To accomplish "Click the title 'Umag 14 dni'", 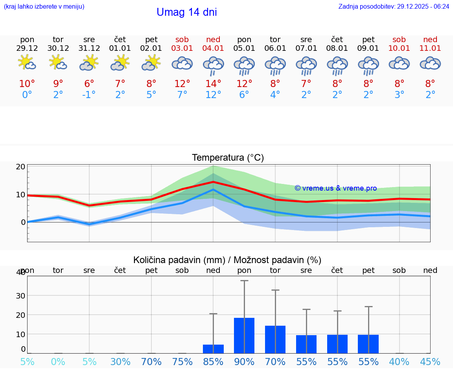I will pos(186,12).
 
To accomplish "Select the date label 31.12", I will pos(89,48).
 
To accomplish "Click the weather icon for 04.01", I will pos(213,65).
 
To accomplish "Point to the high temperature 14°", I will pos(213,84).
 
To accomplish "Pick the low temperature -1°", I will pos(89,95).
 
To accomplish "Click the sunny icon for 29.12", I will pos(27,63).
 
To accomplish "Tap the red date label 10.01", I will pos(399,48).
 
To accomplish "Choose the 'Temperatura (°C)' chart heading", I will pos(228,158).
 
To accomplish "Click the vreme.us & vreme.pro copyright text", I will pos(335,188).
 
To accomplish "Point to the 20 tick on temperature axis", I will pos(21,167).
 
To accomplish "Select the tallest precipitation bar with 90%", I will pos(244,335).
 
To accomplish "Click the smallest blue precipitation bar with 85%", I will pos(213,349).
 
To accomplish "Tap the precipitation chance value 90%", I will pos(244,362).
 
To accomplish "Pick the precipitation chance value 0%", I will pos(58,362).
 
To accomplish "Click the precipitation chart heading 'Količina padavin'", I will pos(227,260).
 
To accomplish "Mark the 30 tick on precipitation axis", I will pos(21,295).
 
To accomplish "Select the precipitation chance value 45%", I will pos(430,362).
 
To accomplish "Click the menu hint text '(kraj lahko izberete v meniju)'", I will pos(44,6).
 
